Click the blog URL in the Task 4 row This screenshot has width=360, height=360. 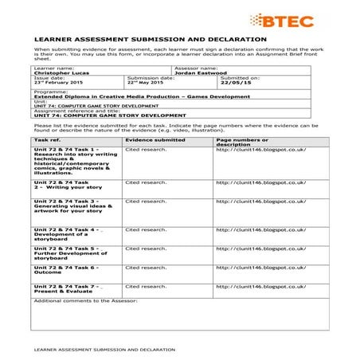pyautogui.click(x=260, y=229)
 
